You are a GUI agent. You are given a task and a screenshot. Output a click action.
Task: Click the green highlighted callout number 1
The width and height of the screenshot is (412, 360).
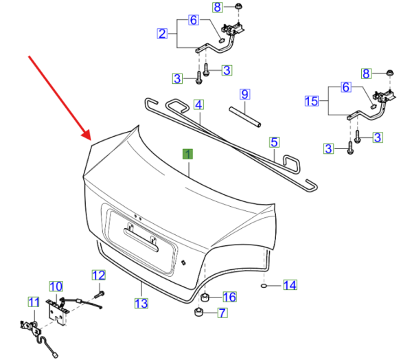187,154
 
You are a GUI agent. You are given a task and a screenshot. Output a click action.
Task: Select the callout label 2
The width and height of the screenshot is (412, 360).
162,34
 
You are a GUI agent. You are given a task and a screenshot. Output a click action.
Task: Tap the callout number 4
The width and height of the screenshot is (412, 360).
198,104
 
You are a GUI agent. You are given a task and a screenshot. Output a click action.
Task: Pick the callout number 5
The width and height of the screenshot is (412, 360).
274,142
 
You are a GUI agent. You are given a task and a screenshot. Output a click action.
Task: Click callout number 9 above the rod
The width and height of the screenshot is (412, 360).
244,94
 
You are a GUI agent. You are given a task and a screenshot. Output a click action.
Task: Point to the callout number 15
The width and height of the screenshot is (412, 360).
311,101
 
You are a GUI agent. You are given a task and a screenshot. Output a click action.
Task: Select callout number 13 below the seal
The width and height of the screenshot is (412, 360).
141,304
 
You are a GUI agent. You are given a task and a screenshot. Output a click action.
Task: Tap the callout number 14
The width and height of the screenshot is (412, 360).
290,285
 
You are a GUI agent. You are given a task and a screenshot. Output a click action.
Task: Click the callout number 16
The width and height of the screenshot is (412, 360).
229,297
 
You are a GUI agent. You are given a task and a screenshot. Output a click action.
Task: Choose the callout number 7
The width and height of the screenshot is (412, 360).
222,313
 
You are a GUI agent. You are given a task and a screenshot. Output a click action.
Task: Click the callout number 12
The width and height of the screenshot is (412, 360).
98,275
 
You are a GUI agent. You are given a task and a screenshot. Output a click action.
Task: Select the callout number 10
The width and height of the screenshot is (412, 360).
56,286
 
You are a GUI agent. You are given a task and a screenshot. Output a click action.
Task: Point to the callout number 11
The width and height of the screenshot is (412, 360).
34,302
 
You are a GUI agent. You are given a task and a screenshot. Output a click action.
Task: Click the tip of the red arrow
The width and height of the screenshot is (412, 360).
91,140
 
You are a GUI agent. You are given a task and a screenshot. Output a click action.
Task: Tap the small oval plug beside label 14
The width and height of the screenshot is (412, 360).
264,286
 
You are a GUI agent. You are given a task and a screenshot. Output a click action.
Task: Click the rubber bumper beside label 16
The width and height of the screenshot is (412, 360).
205,297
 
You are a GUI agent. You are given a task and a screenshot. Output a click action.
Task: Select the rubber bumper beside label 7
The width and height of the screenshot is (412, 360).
198,313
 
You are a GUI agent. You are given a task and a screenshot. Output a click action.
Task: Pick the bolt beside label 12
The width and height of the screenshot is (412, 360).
100,294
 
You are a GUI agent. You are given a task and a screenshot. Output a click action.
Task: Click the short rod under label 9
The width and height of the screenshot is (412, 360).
245,117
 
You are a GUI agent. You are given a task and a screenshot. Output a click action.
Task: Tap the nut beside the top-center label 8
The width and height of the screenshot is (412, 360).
238,6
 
